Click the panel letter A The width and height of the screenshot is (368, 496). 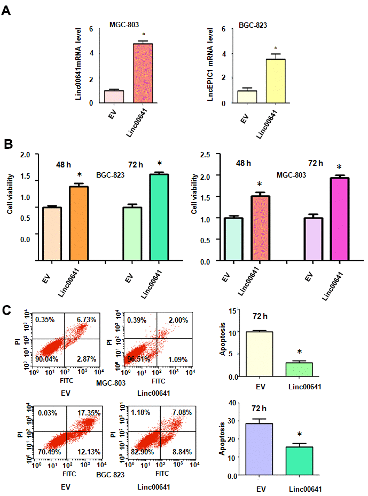[7, 10]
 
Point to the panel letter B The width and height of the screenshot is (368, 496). [8, 143]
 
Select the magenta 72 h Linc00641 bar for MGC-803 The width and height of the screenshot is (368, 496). [339, 219]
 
